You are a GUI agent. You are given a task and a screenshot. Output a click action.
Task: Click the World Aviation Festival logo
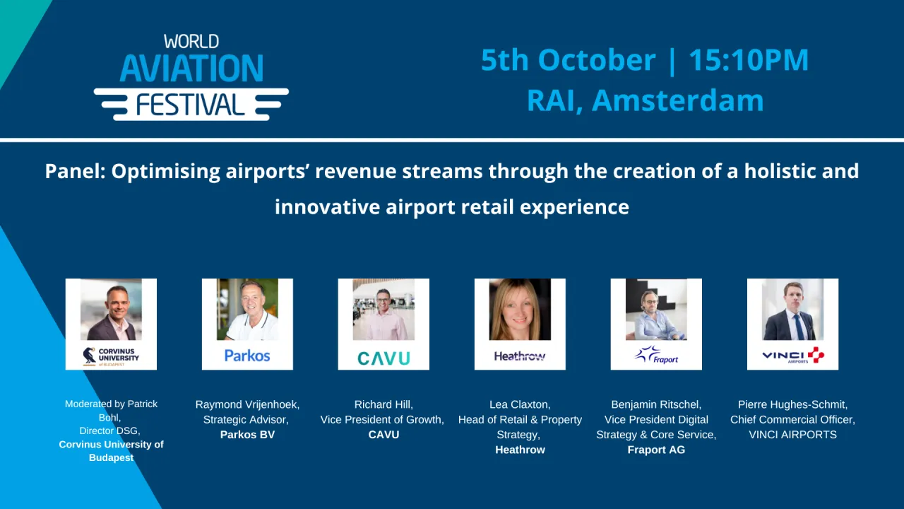click(191, 78)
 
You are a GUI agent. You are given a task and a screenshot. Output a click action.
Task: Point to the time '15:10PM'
click(749, 60)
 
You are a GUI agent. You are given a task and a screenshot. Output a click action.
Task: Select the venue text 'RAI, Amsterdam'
click(645, 100)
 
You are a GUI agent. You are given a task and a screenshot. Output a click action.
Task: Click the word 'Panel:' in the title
click(74, 172)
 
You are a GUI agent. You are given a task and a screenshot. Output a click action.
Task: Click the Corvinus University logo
click(111, 355)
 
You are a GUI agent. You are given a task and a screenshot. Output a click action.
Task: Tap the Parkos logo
click(247, 355)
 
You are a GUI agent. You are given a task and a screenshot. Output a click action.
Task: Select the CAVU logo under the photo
click(383, 358)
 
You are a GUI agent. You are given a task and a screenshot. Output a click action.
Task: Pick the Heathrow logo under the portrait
click(520, 356)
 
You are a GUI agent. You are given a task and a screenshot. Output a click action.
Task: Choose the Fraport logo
click(656, 355)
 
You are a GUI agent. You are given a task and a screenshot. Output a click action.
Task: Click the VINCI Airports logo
click(792, 355)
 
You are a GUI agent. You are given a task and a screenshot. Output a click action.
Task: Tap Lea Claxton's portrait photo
click(520, 310)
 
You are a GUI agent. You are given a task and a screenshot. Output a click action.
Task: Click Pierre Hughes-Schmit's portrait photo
click(792, 310)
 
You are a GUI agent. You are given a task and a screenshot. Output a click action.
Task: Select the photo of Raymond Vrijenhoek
click(247, 310)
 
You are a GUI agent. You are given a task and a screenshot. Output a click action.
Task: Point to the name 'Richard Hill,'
click(383, 404)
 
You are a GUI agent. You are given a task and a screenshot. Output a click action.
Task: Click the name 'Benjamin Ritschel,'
click(656, 404)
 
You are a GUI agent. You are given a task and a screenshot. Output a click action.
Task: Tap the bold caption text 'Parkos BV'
click(247, 435)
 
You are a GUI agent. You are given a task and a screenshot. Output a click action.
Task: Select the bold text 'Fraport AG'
click(656, 450)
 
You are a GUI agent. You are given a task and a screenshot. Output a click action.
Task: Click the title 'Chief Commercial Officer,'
click(792, 420)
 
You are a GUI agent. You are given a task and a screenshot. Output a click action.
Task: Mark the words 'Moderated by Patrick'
click(111, 404)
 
